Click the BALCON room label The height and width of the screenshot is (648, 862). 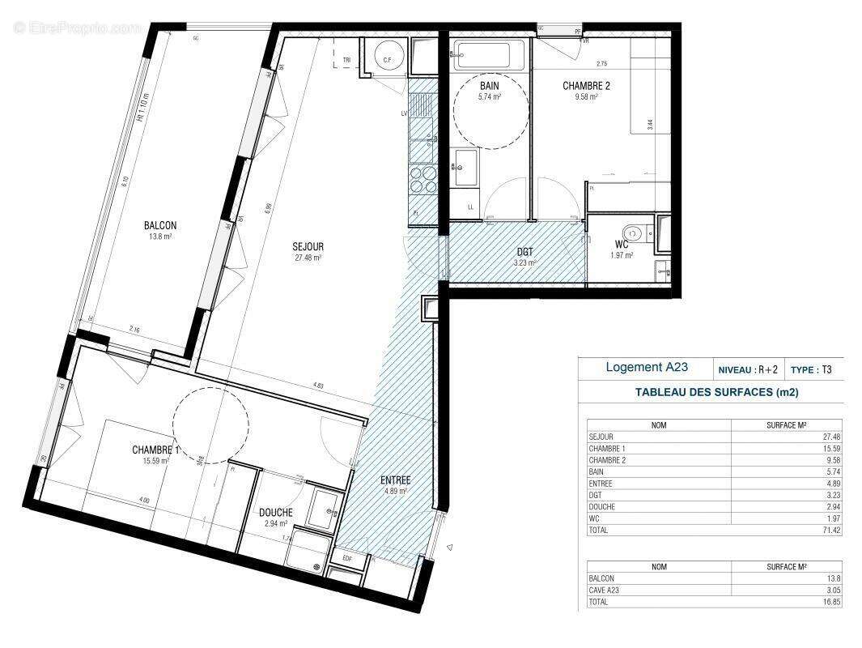(x=159, y=226)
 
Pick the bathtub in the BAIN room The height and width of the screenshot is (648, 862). (x=488, y=56)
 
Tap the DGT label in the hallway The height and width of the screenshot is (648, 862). (x=525, y=251)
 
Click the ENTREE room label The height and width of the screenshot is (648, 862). (x=396, y=480)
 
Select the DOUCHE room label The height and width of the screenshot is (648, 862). (x=276, y=512)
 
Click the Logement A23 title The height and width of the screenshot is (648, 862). (x=647, y=367)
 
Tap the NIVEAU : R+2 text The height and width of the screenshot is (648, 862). (x=747, y=369)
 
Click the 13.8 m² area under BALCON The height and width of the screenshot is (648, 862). (x=159, y=237)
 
